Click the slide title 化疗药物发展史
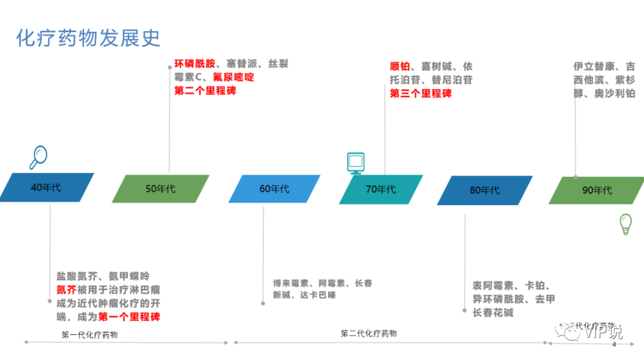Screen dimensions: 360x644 point(88,38)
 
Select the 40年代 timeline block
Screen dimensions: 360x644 point(46,187)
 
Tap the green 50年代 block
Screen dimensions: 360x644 point(160,189)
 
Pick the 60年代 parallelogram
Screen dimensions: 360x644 point(274,189)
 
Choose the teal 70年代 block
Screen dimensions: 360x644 point(380,190)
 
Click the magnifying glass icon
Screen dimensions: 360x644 point(38,157)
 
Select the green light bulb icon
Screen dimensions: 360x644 point(626,224)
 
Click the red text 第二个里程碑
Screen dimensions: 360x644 point(205,91)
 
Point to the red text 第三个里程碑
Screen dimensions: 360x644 point(420,93)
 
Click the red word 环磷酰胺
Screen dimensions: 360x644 point(194,64)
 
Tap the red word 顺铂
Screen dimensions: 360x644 point(400,66)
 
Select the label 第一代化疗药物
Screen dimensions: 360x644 point(89,334)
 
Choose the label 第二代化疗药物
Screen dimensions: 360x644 point(369,333)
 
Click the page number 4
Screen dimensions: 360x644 point(614,345)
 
